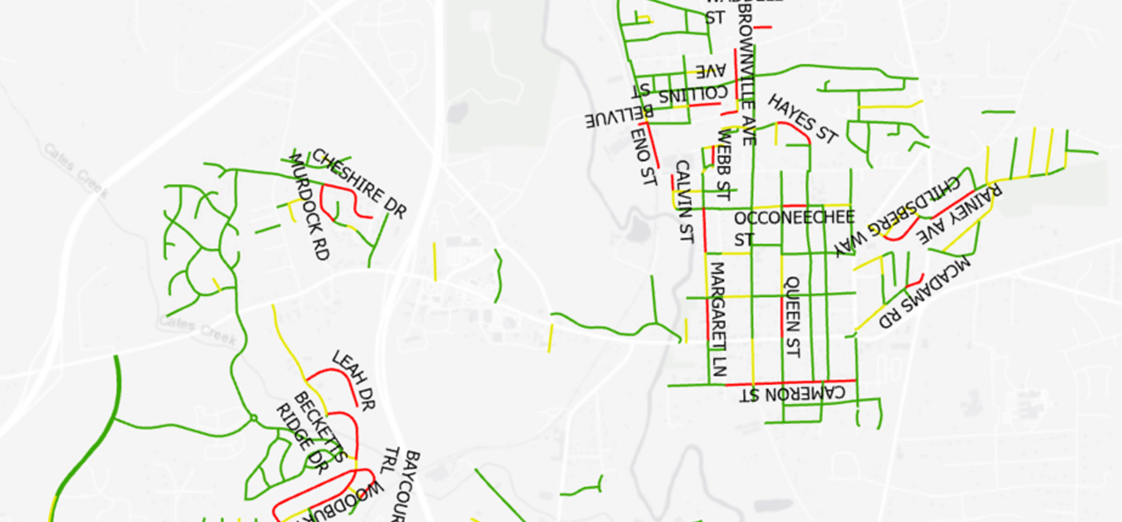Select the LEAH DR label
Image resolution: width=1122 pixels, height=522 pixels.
tap(354, 380)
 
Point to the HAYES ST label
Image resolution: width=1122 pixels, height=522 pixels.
tap(803, 119)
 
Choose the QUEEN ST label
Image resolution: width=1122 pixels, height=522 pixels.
tap(791, 317)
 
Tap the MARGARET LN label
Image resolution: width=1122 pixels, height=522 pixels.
tap(717, 319)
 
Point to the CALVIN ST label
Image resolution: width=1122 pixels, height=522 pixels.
tap(684, 202)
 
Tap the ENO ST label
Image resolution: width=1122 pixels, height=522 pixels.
tap(643, 156)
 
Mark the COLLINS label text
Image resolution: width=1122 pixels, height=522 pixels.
tap(693, 94)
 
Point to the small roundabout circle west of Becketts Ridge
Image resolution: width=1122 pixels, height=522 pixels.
tap(254, 418)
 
